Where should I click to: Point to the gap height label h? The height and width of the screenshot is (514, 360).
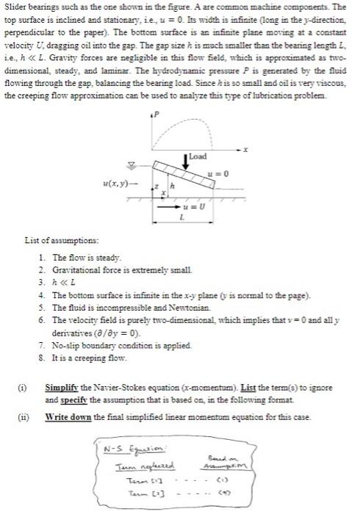click(x=173, y=187)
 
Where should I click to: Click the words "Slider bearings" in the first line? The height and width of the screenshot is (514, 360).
click(x=29, y=6)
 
